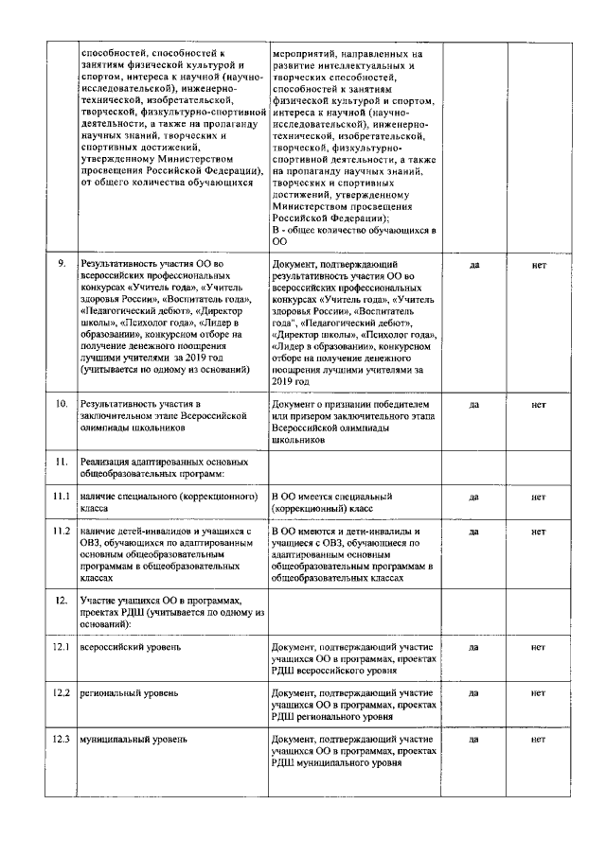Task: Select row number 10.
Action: coord(62,405)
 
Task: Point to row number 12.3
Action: coord(62,738)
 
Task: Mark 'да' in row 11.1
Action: coord(474,496)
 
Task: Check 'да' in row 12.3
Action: coord(474,738)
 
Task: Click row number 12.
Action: coord(62,601)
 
